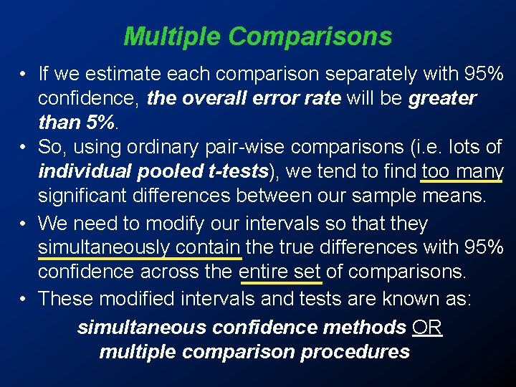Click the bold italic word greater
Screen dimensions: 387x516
[442, 98]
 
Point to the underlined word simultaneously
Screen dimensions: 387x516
[102, 247]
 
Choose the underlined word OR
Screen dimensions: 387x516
[427, 328]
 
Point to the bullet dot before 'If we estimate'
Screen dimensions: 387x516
[24, 74]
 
